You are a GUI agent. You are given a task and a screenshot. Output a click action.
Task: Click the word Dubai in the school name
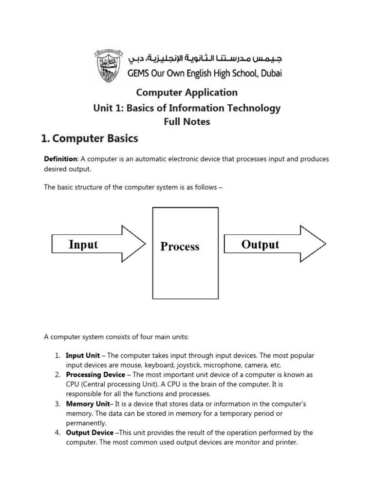[x=267, y=74]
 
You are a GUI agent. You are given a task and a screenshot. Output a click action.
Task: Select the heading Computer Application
[x=187, y=92]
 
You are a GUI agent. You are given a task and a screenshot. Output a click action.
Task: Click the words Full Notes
[x=187, y=122]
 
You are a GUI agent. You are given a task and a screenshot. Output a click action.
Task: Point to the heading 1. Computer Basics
[x=90, y=139]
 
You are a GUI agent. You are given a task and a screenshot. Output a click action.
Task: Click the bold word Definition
[x=61, y=159]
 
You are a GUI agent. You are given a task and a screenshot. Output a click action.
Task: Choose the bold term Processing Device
[x=95, y=375]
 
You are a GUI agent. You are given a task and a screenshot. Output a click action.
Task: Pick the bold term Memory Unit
[x=86, y=404]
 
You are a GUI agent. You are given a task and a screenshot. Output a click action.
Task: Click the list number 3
[x=57, y=404]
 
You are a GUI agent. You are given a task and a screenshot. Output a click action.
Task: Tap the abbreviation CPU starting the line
[x=73, y=384]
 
